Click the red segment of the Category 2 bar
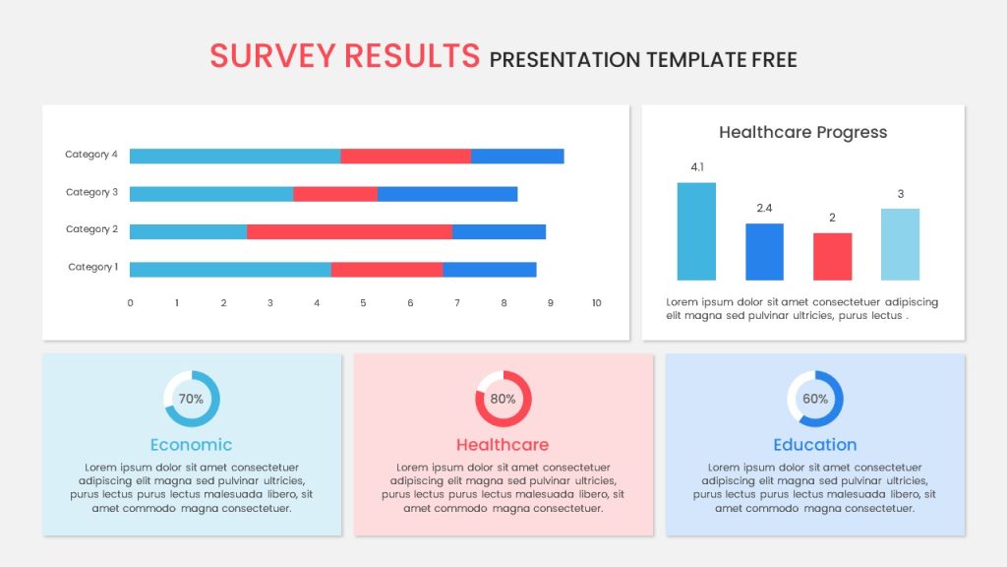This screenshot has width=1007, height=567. pyautogui.click(x=349, y=231)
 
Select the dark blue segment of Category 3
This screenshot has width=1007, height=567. pyautogui.click(x=447, y=194)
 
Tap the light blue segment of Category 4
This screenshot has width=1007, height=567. pyautogui.click(x=235, y=157)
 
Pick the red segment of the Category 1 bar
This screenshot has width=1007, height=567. pyautogui.click(x=386, y=270)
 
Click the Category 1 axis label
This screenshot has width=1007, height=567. pyautogui.click(x=93, y=267)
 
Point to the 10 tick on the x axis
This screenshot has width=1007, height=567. pyautogui.click(x=597, y=303)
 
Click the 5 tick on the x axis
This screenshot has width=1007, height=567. pyautogui.click(x=363, y=303)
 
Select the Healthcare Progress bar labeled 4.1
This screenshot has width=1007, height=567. pyautogui.click(x=696, y=231)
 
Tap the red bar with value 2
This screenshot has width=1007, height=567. pyautogui.click(x=832, y=257)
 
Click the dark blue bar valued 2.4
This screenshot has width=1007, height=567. pyautogui.click(x=764, y=252)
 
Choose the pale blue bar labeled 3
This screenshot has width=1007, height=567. pyautogui.click(x=901, y=244)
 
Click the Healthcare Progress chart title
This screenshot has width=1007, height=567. pyautogui.click(x=802, y=133)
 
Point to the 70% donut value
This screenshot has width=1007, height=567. pyautogui.click(x=191, y=399)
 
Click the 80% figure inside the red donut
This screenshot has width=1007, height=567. pyautogui.click(x=503, y=399)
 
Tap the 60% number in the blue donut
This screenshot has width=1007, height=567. pyautogui.click(x=815, y=399)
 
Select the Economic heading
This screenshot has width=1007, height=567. pyautogui.click(x=192, y=445)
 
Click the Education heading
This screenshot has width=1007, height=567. pyautogui.click(x=815, y=445)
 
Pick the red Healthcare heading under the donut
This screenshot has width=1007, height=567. pyautogui.click(x=503, y=445)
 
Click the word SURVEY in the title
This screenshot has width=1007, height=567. pyautogui.click(x=273, y=56)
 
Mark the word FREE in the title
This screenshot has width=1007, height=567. pyautogui.click(x=775, y=60)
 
